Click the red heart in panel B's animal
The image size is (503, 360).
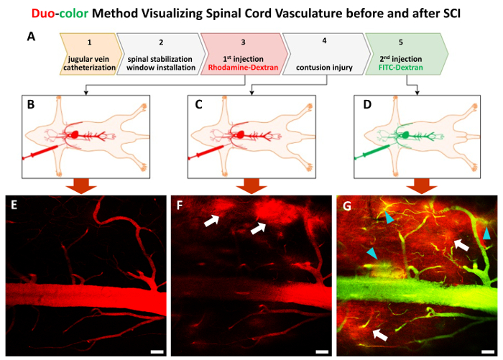coord(74,134)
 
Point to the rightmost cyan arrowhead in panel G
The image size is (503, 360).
coord(486,234)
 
